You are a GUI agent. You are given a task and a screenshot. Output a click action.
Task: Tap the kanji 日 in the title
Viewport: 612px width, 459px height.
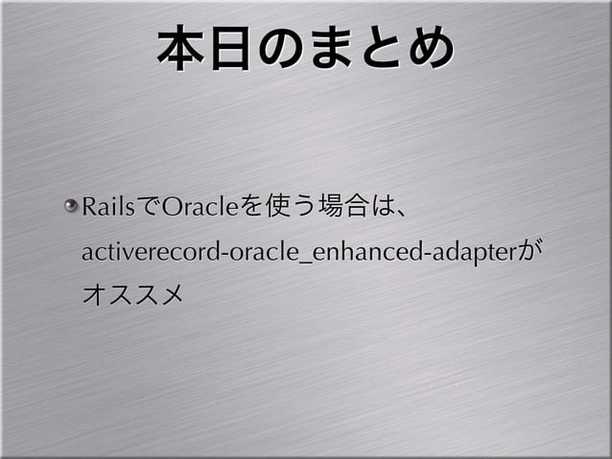tap(234, 49)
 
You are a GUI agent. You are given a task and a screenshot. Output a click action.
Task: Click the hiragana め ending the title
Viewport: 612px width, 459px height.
tap(428, 49)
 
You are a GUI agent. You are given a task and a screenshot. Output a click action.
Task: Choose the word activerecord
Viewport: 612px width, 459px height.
tap(140, 253)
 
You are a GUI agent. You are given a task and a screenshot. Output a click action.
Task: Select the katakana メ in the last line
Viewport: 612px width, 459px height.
tap(168, 293)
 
